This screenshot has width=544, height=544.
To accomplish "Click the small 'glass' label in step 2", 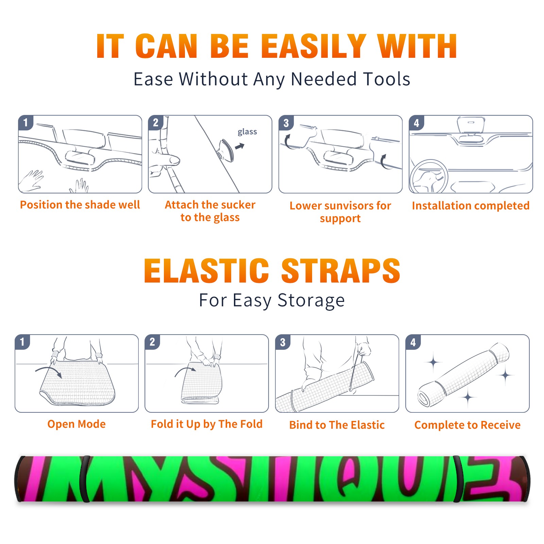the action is pyautogui.click(x=247, y=132).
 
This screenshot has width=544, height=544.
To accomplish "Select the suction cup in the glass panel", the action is pyautogui.click(x=226, y=150).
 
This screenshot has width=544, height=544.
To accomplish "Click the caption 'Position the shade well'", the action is pyautogui.click(x=80, y=205).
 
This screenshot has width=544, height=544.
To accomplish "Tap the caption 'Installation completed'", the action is pyautogui.click(x=471, y=206).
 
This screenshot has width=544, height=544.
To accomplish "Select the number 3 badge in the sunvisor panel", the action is pyautogui.click(x=286, y=123).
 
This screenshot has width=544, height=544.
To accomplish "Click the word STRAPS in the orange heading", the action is pyautogui.click(x=341, y=271).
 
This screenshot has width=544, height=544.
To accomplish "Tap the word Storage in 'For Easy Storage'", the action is pyautogui.click(x=311, y=301).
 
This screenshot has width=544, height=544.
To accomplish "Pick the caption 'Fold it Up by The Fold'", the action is pyautogui.click(x=207, y=424).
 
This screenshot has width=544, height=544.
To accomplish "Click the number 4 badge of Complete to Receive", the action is pyautogui.click(x=413, y=342).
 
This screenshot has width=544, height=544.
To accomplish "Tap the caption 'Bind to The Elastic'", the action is pyautogui.click(x=337, y=425).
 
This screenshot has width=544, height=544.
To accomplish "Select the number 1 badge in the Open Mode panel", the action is pyautogui.click(x=22, y=342).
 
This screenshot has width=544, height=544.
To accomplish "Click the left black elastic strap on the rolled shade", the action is pyautogui.click(x=84, y=479).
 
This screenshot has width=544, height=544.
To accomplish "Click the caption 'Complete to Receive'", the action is pyautogui.click(x=468, y=425).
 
